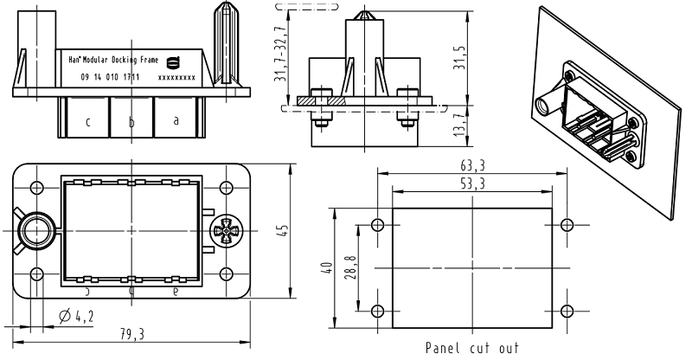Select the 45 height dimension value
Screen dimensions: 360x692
pyautogui.click(x=283, y=231)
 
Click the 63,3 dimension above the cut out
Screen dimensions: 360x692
pyautogui.click(x=471, y=165)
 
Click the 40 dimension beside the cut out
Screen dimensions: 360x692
pyautogui.click(x=325, y=268)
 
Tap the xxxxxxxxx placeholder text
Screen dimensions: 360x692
pyautogui.click(x=176, y=78)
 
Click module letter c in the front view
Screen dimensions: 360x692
pyautogui.click(x=88, y=122)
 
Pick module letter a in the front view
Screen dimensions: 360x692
pyautogui.click(x=176, y=121)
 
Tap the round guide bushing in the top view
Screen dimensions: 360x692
pyautogui.click(x=35, y=231)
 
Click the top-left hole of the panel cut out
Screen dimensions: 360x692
pyautogui.click(x=376, y=226)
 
